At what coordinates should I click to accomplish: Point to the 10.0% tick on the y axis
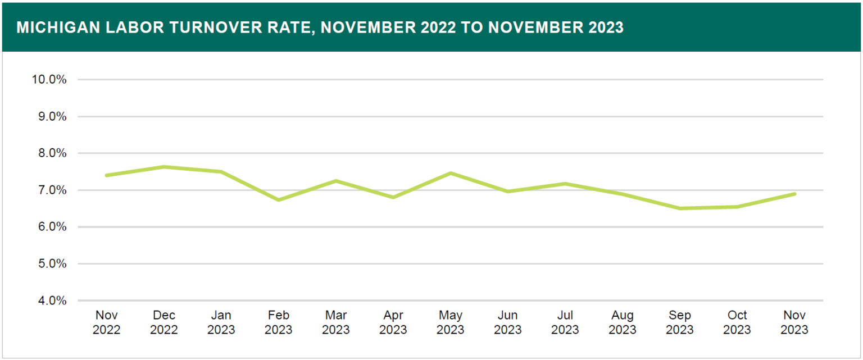pos(49,80)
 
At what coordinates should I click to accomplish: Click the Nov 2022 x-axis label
pos(106,322)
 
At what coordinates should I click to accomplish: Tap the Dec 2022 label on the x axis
pos(163,322)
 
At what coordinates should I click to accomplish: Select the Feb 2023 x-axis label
pos(278,322)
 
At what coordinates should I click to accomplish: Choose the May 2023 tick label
pos(450,322)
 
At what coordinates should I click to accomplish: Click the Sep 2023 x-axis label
pos(680,322)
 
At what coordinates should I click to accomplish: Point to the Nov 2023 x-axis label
pos(794,322)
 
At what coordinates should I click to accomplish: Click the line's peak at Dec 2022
pos(163,167)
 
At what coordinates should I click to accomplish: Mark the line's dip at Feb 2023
pos(278,200)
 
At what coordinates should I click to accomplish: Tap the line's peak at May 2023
pos(450,173)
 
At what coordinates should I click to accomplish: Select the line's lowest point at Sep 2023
pos(680,208)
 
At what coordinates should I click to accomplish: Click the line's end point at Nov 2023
pos(794,194)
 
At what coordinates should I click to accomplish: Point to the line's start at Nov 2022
pos(106,175)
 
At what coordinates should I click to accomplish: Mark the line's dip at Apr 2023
pos(393,197)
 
